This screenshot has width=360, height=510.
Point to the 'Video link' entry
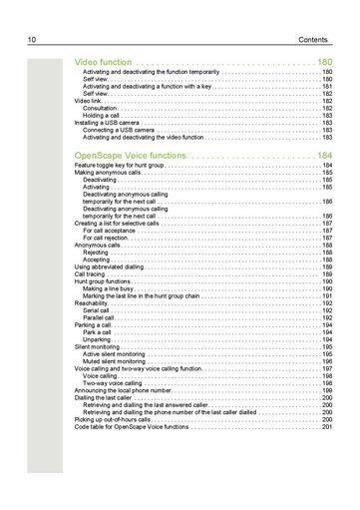pos(88,102)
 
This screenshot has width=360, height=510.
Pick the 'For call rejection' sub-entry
pos(109,238)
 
